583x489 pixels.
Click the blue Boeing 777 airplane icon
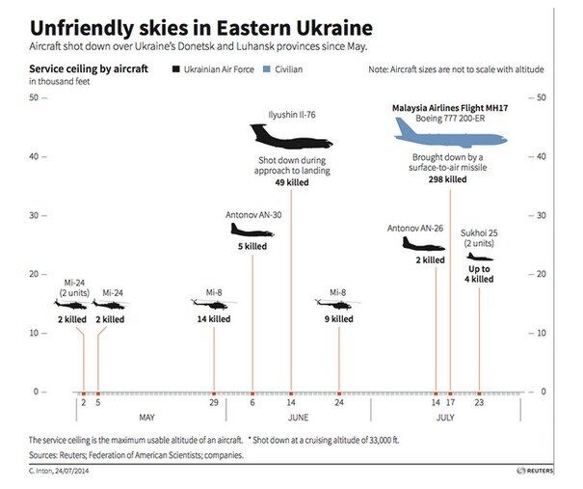(451, 136)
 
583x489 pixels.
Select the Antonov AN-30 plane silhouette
(252, 231)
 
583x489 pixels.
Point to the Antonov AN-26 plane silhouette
(423, 244)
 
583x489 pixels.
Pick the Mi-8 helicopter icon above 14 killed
(213, 304)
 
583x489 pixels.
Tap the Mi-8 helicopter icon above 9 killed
(337, 304)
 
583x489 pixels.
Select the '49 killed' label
(291, 182)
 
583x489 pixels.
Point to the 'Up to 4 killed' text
(480, 274)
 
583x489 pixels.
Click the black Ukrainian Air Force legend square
(176, 70)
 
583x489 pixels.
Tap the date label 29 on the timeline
(213, 405)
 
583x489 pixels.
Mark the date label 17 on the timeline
(449, 405)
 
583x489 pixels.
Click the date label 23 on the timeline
(479, 405)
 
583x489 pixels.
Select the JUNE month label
(299, 418)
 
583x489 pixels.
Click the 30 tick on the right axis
(541, 215)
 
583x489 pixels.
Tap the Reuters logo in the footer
(534, 471)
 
